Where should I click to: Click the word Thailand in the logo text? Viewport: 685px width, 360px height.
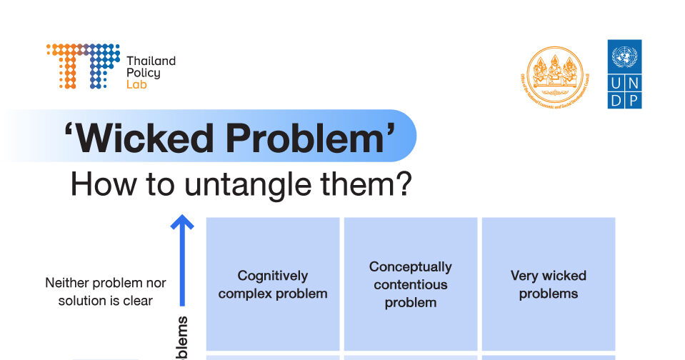click(x=150, y=61)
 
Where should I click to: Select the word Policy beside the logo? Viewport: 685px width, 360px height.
click(x=143, y=73)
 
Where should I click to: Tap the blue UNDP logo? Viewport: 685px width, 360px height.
click(x=624, y=74)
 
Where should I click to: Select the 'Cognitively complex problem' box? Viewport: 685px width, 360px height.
click(x=273, y=284)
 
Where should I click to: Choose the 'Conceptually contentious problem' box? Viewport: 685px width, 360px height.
click(x=410, y=284)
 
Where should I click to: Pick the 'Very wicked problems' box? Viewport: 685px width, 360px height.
click(x=548, y=284)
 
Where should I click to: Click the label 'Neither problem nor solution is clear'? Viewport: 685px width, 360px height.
click(x=105, y=291)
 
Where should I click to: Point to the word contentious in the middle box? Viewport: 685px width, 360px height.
click(x=410, y=284)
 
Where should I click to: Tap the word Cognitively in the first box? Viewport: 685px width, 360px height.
click(x=273, y=275)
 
